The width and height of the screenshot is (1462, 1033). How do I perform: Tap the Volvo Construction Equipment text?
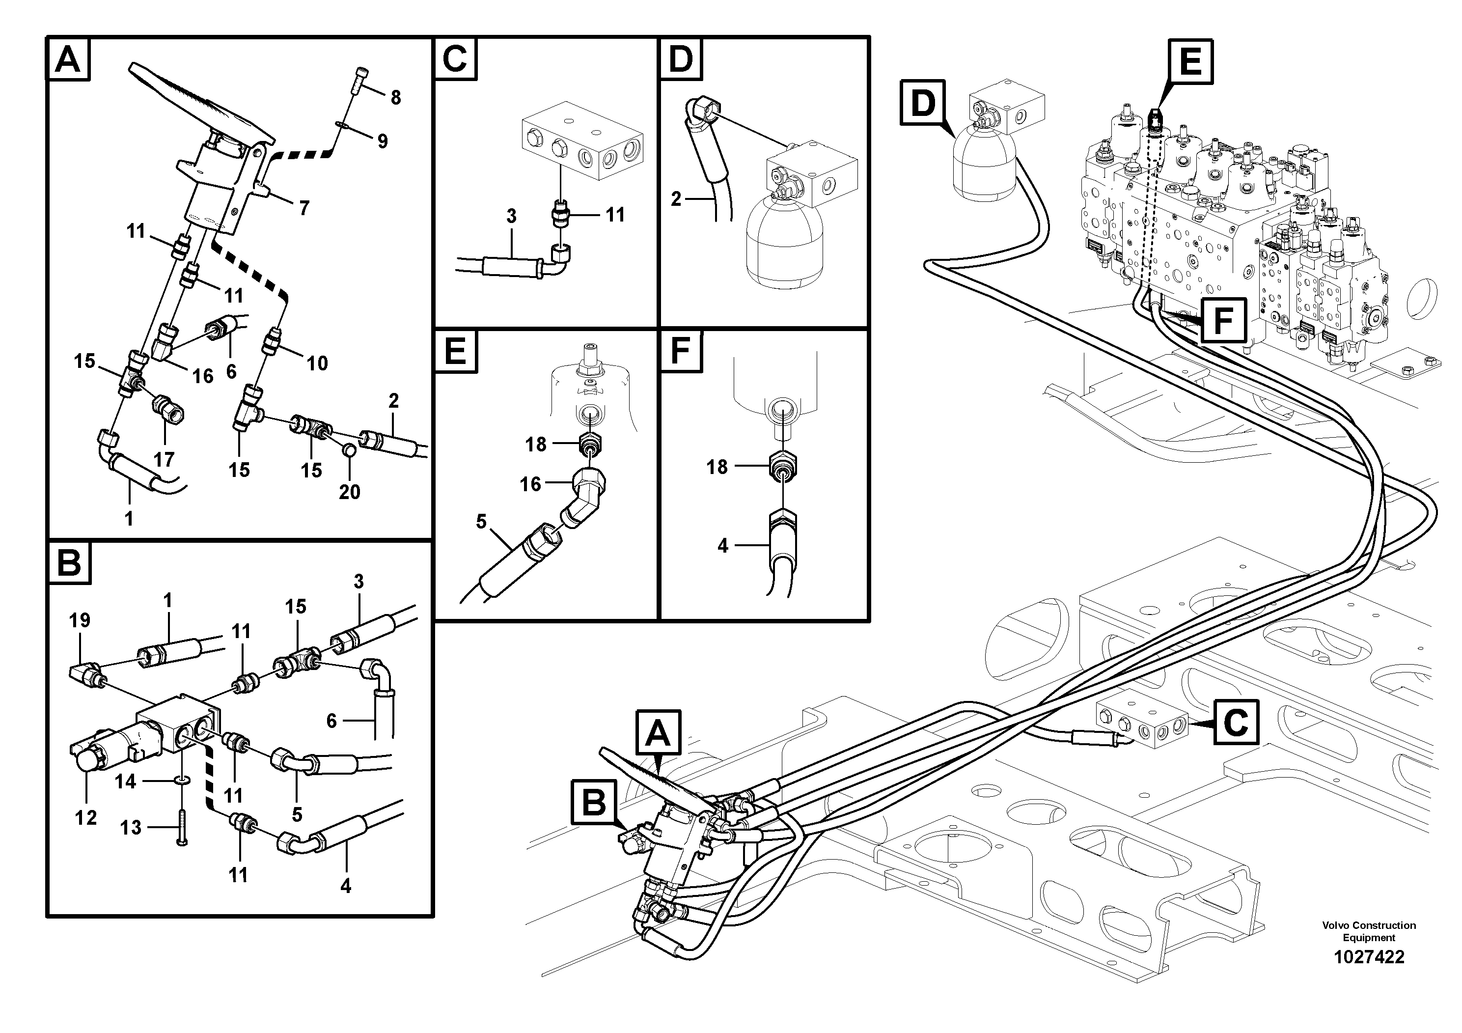click(x=1368, y=931)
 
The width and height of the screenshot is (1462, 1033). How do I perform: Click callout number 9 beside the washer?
click(x=382, y=141)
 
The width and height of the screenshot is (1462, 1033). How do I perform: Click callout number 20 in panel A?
click(x=349, y=492)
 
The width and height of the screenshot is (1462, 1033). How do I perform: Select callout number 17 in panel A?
click(x=164, y=459)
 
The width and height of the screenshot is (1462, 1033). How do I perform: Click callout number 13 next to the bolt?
click(x=131, y=828)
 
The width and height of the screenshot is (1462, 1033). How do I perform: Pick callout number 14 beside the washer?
click(x=125, y=781)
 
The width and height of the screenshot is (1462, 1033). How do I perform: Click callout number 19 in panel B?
click(x=80, y=620)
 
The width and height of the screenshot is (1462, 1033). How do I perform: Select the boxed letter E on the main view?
click(x=1189, y=62)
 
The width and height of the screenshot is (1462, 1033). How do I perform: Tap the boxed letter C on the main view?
click(x=1235, y=722)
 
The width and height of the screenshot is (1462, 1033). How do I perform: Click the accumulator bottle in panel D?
click(x=783, y=242)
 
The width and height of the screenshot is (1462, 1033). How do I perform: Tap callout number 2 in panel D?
click(x=676, y=200)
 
